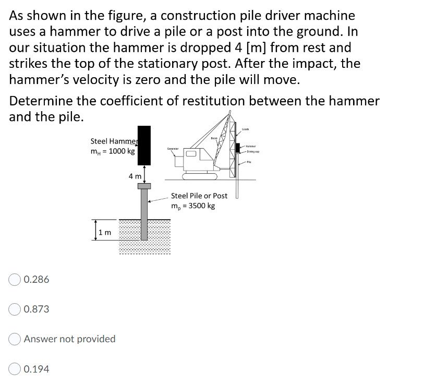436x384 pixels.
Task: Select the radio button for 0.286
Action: (15, 280)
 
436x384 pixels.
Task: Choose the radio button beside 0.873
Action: (15, 309)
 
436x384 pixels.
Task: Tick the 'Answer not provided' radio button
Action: (15, 339)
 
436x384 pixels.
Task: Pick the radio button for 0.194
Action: (15, 369)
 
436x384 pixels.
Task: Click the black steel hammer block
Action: (144, 144)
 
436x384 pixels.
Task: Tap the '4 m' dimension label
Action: (135, 176)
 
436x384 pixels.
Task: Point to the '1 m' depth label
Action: (105, 232)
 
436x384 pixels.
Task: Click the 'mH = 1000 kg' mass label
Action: (113, 151)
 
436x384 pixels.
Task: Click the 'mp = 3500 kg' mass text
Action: (193, 206)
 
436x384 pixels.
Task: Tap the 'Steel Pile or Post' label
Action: (199, 196)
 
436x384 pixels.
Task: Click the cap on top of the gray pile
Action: (144, 186)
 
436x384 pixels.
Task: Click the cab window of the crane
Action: (190, 154)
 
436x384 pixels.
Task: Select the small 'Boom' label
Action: (214, 138)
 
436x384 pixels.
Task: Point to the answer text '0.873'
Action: (37, 309)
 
